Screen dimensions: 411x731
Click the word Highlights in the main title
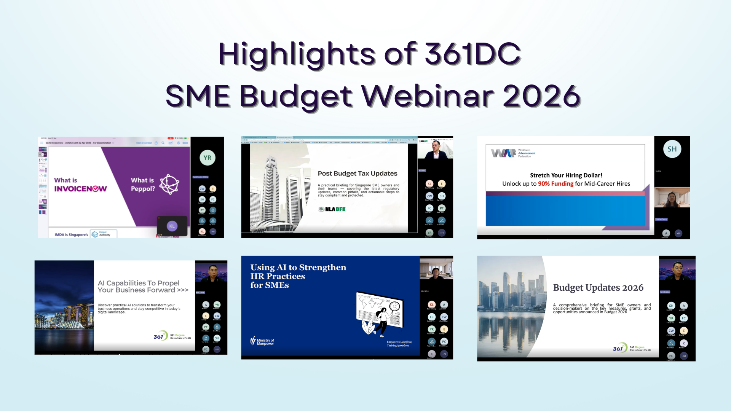(x=297, y=54)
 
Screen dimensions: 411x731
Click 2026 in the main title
(x=541, y=96)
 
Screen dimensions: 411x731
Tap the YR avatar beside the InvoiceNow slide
(x=207, y=158)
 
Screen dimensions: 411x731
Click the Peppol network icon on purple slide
(x=169, y=185)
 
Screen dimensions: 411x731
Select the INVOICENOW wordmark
(x=80, y=189)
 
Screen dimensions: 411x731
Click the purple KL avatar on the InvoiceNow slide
(x=172, y=226)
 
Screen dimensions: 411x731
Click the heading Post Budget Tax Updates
(x=357, y=174)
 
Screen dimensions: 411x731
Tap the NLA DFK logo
(x=332, y=209)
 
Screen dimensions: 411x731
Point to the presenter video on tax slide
(x=435, y=149)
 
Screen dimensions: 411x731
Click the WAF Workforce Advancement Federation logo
(x=513, y=153)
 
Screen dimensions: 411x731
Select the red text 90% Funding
(x=555, y=184)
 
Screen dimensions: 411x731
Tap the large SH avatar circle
(x=672, y=149)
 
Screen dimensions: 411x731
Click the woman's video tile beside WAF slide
(x=672, y=198)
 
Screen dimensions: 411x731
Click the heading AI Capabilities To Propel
(x=139, y=283)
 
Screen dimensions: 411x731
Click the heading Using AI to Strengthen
(x=298, y=268)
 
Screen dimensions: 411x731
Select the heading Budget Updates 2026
(x=598, y=288)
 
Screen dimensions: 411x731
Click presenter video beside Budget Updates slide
(x=677, y=271)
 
